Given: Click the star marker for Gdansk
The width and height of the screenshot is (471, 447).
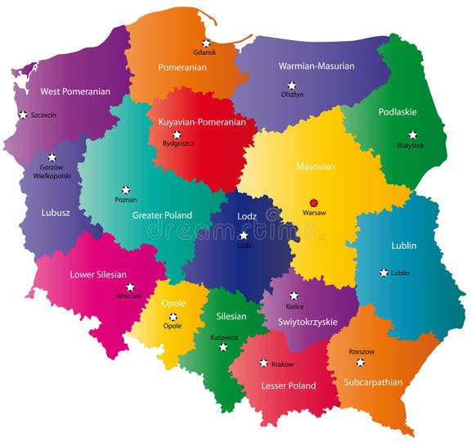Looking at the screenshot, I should click(206, 43).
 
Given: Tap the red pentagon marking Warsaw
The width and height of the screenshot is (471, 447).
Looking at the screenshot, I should click(313, 201).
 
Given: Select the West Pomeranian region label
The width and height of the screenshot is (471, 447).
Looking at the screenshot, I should click(75, 92).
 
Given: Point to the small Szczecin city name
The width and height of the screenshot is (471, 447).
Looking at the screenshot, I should click(43, 115).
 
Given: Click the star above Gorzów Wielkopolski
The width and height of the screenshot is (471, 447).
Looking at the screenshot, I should click(52, 156).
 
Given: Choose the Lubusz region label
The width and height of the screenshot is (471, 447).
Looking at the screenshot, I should click(56, 213).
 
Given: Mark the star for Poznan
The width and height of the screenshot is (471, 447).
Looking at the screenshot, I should click(125, 189).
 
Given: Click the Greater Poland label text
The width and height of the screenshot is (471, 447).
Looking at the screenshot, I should click(162, 215).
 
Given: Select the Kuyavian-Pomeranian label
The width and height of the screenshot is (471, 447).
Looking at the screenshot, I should click(201, 122).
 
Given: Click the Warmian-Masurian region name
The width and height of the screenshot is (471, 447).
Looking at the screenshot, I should click(316, 66).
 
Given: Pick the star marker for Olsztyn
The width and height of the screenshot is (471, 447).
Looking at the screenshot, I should click(291, 85).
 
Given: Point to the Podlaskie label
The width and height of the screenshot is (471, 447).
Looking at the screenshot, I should click(397, 112).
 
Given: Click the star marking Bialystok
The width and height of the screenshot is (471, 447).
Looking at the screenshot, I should click(412, 134).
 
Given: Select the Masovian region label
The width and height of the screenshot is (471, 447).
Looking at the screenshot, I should click(315, 167).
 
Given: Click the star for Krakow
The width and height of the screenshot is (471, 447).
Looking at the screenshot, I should click(263, 363).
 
